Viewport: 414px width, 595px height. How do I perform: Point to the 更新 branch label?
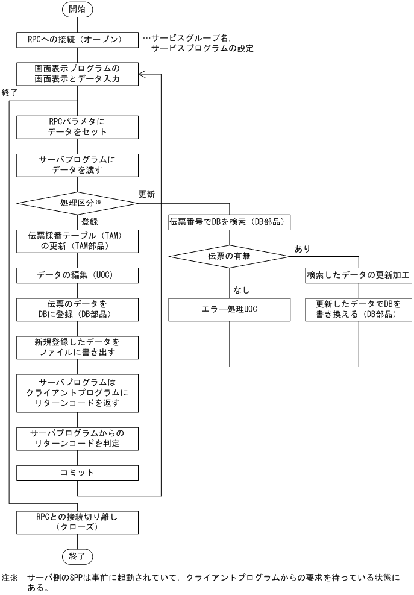point(146,195)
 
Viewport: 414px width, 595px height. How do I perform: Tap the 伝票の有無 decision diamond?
point(229,256)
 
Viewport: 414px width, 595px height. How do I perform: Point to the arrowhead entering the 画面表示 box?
point(143,74)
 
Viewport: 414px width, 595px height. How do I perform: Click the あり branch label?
point(301,248)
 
